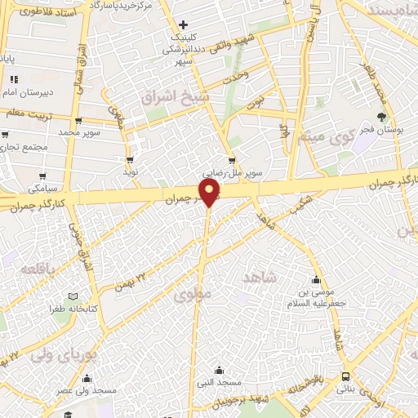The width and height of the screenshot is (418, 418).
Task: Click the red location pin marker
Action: pyautogui.click(x=210, y=193)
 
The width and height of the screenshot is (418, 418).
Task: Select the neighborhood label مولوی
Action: pyautogui.click(x=193, y=291)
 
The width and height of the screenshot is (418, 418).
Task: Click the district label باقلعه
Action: pyautogui.click(x=40, y=269)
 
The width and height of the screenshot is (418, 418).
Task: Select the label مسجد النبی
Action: pyautogui.click(x=216, y=381)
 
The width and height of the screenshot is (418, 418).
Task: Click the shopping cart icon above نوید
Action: pyautogui.click(x=129, y=159)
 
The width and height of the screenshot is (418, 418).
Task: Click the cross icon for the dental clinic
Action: pyautogui.click(x=183, y=25)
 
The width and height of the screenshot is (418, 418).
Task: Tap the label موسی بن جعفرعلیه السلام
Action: pyautogui.click(x=317, y=293)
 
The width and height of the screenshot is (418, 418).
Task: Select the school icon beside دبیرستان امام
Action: pyautogui.click(x=14, y=80)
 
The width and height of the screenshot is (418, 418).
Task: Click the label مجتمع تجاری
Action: pyautogui.click(x=24, y=148)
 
